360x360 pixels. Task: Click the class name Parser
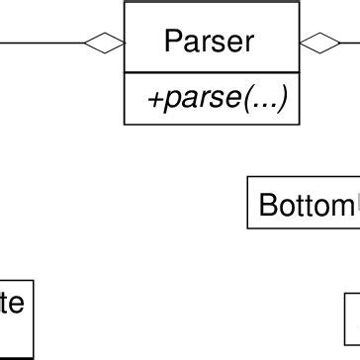210,42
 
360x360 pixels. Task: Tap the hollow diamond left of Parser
105,43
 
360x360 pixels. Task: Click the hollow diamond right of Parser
318,43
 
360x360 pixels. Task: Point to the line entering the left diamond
45,43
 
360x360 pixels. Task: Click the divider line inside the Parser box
211,72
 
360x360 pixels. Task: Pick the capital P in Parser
173,42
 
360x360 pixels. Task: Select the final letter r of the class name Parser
248,43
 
